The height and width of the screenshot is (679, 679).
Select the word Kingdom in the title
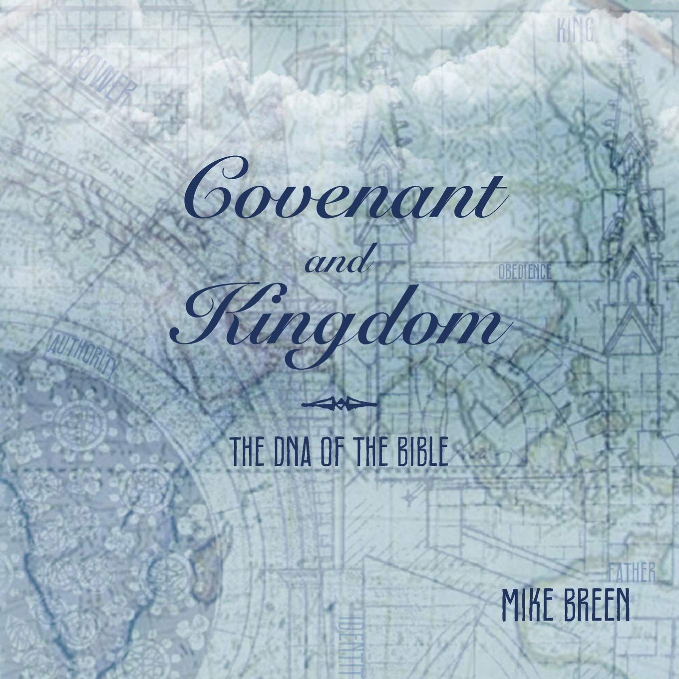(x=339, y=325)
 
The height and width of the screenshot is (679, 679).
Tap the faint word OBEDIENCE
(x=524, y=272)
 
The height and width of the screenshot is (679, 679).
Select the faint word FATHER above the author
(x=632, y=574)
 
